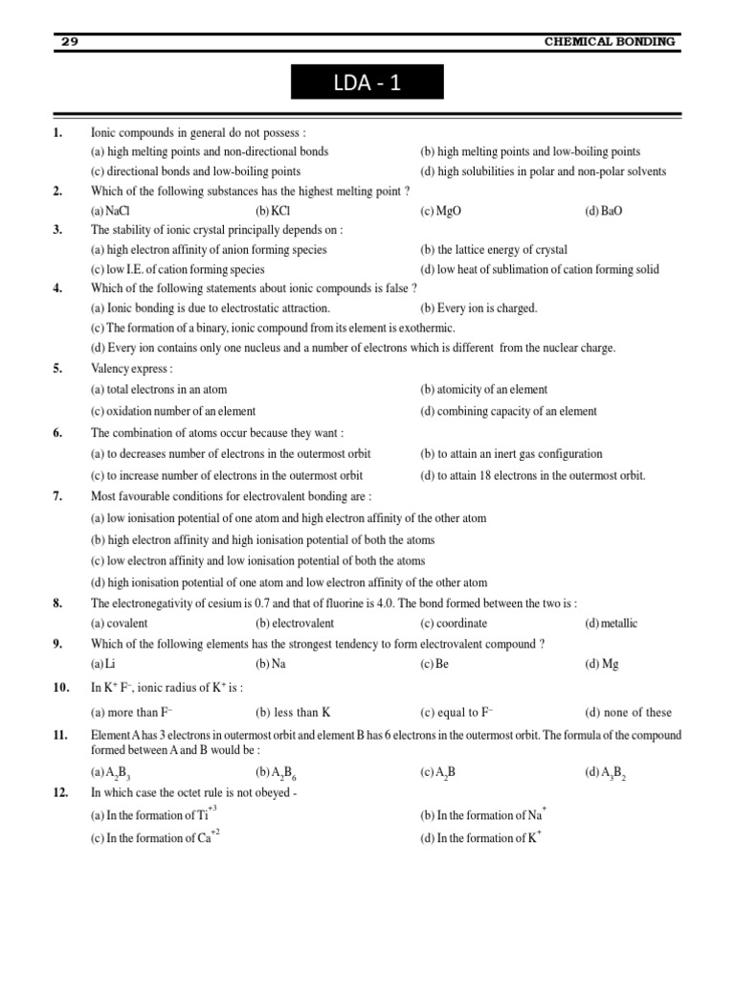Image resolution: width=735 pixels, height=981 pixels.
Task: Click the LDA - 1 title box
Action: click(368, 82)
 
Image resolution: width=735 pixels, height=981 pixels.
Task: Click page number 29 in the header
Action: click(69, 41)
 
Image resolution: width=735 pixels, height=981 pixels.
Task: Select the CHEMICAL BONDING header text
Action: click(610, 42)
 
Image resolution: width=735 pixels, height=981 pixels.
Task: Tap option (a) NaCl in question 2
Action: click(111, 211)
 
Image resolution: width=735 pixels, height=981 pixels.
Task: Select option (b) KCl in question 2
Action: click(273, 211)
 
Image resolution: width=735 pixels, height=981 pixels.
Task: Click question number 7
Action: click(57, 496)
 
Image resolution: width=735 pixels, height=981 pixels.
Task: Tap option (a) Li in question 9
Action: click(99, 664)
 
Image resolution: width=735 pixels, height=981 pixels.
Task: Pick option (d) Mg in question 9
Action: click(602, 664)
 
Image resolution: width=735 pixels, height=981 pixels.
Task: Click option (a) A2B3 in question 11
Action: click(111, 772)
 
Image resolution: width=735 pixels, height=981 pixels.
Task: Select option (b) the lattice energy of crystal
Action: click(493, 250)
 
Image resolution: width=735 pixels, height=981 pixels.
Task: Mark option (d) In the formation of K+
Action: click(481, 838)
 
